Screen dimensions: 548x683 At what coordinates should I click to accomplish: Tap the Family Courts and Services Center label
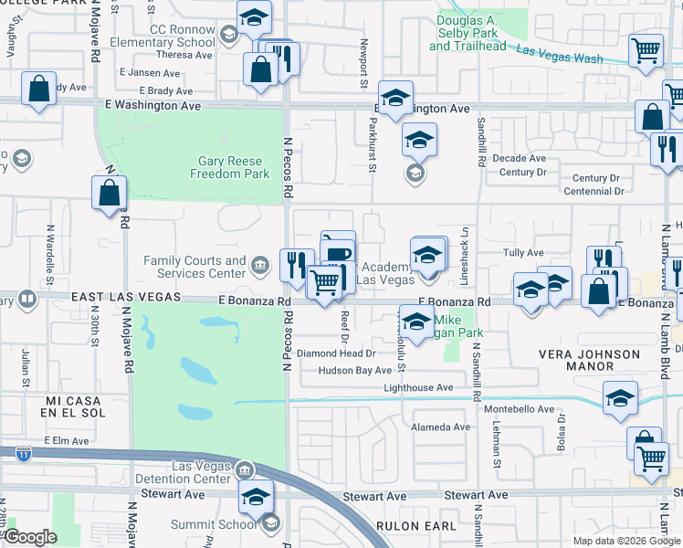point(194,267)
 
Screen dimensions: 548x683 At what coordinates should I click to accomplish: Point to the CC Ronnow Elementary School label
point(170,36)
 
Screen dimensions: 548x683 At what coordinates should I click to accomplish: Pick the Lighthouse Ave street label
point(419,388)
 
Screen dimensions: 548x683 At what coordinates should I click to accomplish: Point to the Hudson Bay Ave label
point(355,371)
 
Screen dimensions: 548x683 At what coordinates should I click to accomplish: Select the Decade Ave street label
point(519,158)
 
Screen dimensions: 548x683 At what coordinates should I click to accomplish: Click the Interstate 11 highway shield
point(21,451)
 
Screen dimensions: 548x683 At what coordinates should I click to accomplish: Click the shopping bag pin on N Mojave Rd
point(109,193)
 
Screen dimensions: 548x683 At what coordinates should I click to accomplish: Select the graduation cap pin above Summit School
point(257,497)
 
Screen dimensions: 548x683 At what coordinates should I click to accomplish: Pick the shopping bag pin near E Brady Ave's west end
point(38,90)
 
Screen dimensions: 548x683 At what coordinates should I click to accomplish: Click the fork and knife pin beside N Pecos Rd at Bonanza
point(296,265)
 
